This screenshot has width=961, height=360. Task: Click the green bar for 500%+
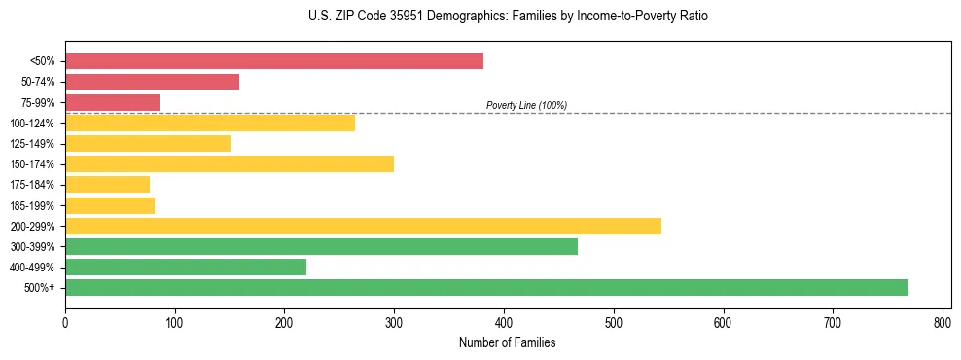coord(486,288)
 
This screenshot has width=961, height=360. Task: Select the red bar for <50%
coord(274,61)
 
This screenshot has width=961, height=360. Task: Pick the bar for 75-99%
coord(112,102)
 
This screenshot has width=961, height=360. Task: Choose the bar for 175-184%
coord(107,185)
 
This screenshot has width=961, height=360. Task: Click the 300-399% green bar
coord(321,246)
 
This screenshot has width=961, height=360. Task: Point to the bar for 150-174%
coord(230,164)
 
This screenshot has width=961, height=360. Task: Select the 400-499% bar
coord(186,267)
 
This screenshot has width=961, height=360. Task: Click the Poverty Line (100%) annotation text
coord(526,105)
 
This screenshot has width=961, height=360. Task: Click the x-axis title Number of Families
coord(508,342)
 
